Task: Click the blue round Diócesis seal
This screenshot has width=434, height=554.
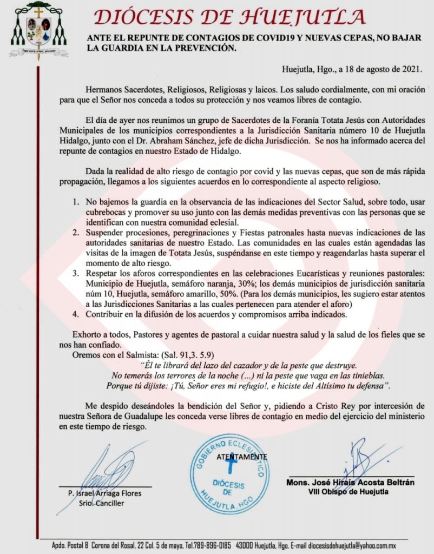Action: (232, 474)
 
